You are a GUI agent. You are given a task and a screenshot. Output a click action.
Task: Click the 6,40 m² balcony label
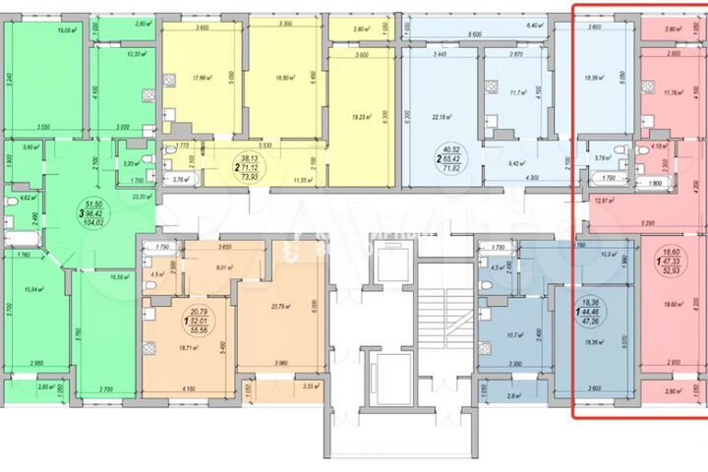point(535,24)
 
